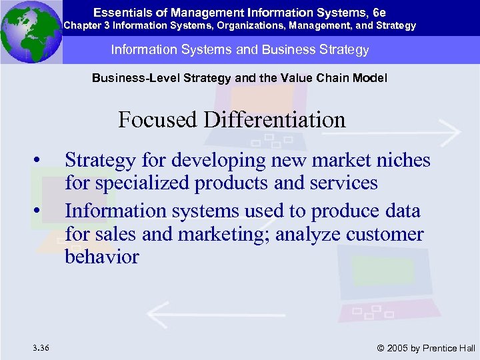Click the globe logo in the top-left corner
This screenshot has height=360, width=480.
[31, 31]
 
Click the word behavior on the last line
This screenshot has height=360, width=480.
[101, 257]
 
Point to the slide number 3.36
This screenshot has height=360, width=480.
[39, 347]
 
